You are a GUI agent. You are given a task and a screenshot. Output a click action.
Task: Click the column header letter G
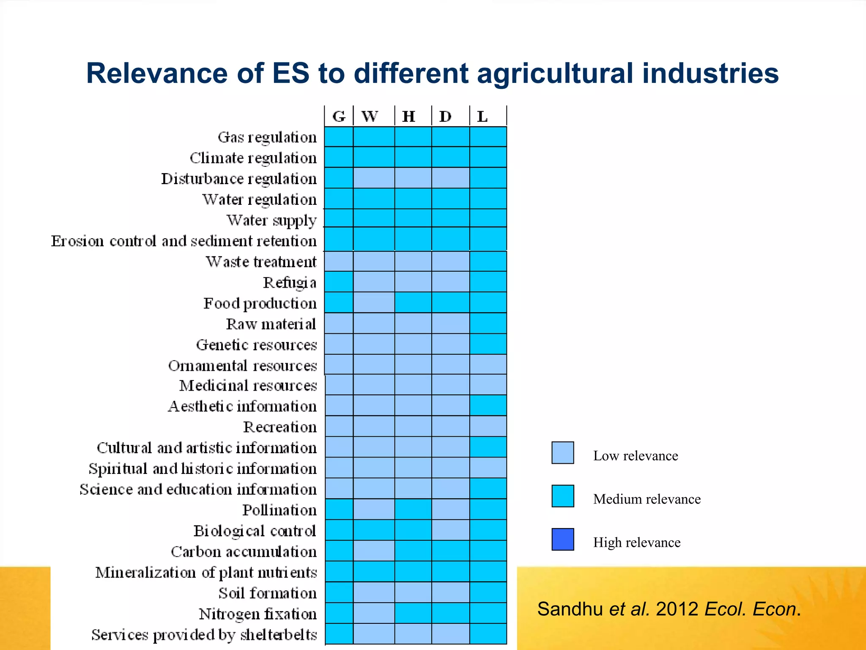tap(339, 116)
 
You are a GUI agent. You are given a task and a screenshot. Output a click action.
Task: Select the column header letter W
tap(370, 116)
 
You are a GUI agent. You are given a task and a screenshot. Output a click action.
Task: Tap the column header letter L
tap(482, 116)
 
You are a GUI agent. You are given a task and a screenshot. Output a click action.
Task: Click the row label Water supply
tap(271, 220)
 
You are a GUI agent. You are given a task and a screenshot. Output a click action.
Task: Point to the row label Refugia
tap(290, 283)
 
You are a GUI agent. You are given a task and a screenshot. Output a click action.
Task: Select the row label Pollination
tap(279, 510)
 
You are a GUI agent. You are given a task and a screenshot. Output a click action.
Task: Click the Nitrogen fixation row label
tap(258, 614)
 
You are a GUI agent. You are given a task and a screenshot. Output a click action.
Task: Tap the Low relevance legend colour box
tap(562, 453)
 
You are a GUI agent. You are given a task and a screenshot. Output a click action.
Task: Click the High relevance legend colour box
tap(562, 539)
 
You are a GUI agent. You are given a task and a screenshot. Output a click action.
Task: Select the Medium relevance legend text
tap(647, 499)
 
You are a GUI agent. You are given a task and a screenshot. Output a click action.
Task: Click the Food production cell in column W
tap(374, 303)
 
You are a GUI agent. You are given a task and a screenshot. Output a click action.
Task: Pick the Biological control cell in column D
tap(450, 530)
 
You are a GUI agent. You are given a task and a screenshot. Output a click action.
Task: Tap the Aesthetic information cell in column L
tap(488, 405)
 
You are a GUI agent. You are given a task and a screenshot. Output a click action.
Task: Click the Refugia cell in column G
tap(339, 282)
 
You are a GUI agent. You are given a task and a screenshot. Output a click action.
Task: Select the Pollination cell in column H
tap(413, 510)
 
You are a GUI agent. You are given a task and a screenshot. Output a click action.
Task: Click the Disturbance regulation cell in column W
tap(374, 178)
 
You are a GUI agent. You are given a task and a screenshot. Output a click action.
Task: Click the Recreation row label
tap(280, 427)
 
